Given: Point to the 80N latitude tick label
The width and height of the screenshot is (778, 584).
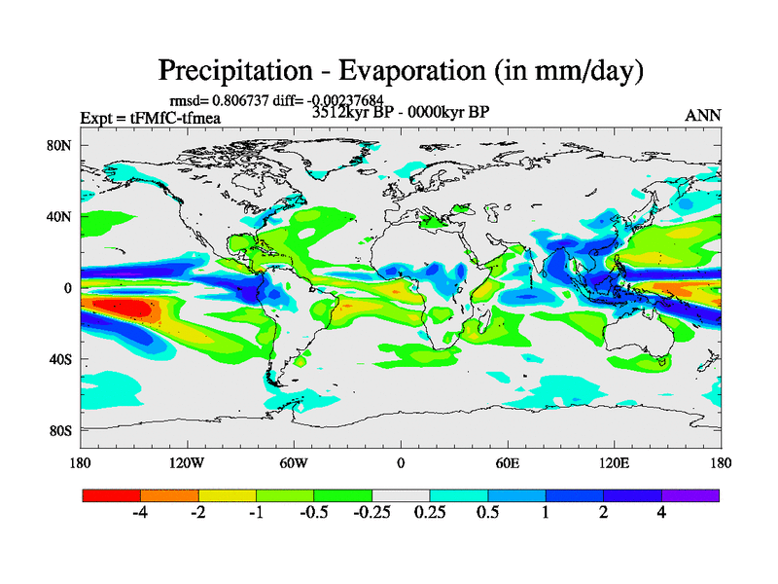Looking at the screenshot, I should click(x=61, y=146).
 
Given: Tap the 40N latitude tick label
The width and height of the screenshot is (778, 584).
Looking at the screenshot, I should click(x=61, y=217).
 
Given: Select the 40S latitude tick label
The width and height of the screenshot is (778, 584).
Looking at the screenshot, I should click(x=61, y=359).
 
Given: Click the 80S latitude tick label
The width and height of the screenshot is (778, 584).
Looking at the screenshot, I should click(x=61, y=430).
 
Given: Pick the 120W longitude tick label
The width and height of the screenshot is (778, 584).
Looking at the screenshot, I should click(x=187, y=462).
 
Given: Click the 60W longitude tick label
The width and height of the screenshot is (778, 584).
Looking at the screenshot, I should click(x=294, y=462).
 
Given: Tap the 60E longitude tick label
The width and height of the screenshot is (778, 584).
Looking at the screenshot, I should click(x=508, y=462).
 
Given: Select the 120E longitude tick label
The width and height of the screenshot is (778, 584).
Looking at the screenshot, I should click(x=615, y=462).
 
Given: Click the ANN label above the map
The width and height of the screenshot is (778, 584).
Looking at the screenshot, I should click(x=702, y=115).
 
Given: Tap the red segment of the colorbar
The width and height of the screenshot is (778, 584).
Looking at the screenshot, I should click(x=111, y=495).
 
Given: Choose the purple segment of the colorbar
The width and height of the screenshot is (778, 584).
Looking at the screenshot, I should click(x=690, y=495).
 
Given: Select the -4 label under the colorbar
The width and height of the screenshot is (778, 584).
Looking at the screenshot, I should click(x=140, y=513).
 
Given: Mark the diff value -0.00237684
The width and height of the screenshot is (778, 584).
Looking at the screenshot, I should click(x=340, y=100).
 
